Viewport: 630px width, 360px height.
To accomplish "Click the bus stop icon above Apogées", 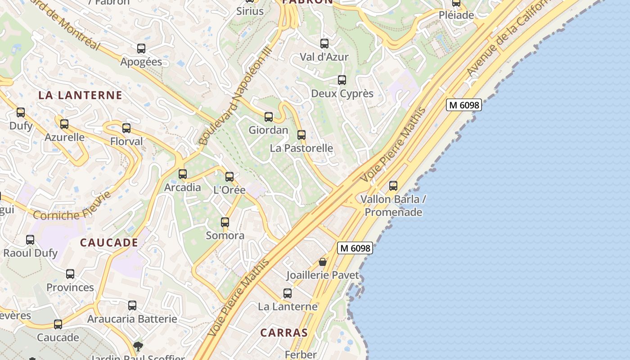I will pos(141,48).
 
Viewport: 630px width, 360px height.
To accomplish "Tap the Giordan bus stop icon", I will pos(269,117).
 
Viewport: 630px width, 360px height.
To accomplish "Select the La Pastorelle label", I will pos(301,148).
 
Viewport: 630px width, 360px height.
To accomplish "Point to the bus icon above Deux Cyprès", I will pos(342,80).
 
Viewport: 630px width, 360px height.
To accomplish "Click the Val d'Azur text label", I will pos(324,57).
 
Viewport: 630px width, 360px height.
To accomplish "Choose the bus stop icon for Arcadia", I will pos(183,174).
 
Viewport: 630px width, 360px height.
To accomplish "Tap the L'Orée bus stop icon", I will pos(229,176).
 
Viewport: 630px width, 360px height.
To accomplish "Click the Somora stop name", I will pos(225,235).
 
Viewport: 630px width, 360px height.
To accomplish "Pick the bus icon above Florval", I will pos(126,128).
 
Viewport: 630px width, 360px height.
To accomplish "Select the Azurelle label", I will pos(65,137).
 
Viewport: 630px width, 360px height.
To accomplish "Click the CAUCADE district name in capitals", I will pos(109,243).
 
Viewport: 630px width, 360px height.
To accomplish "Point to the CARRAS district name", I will pos(284,333).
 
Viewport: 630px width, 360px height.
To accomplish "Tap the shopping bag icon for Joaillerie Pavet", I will pos(323,261).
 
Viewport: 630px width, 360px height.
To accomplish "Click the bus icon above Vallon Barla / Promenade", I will pos(393,185).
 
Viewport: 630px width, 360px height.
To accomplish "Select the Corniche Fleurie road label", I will pos(72,209).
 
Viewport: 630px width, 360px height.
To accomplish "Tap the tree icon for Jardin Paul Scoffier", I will pos(138,346).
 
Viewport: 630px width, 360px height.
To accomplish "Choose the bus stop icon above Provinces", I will pos(70,274).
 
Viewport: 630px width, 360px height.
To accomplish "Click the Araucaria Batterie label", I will pos(132,319).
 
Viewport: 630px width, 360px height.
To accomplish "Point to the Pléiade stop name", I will pos(456,15).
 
